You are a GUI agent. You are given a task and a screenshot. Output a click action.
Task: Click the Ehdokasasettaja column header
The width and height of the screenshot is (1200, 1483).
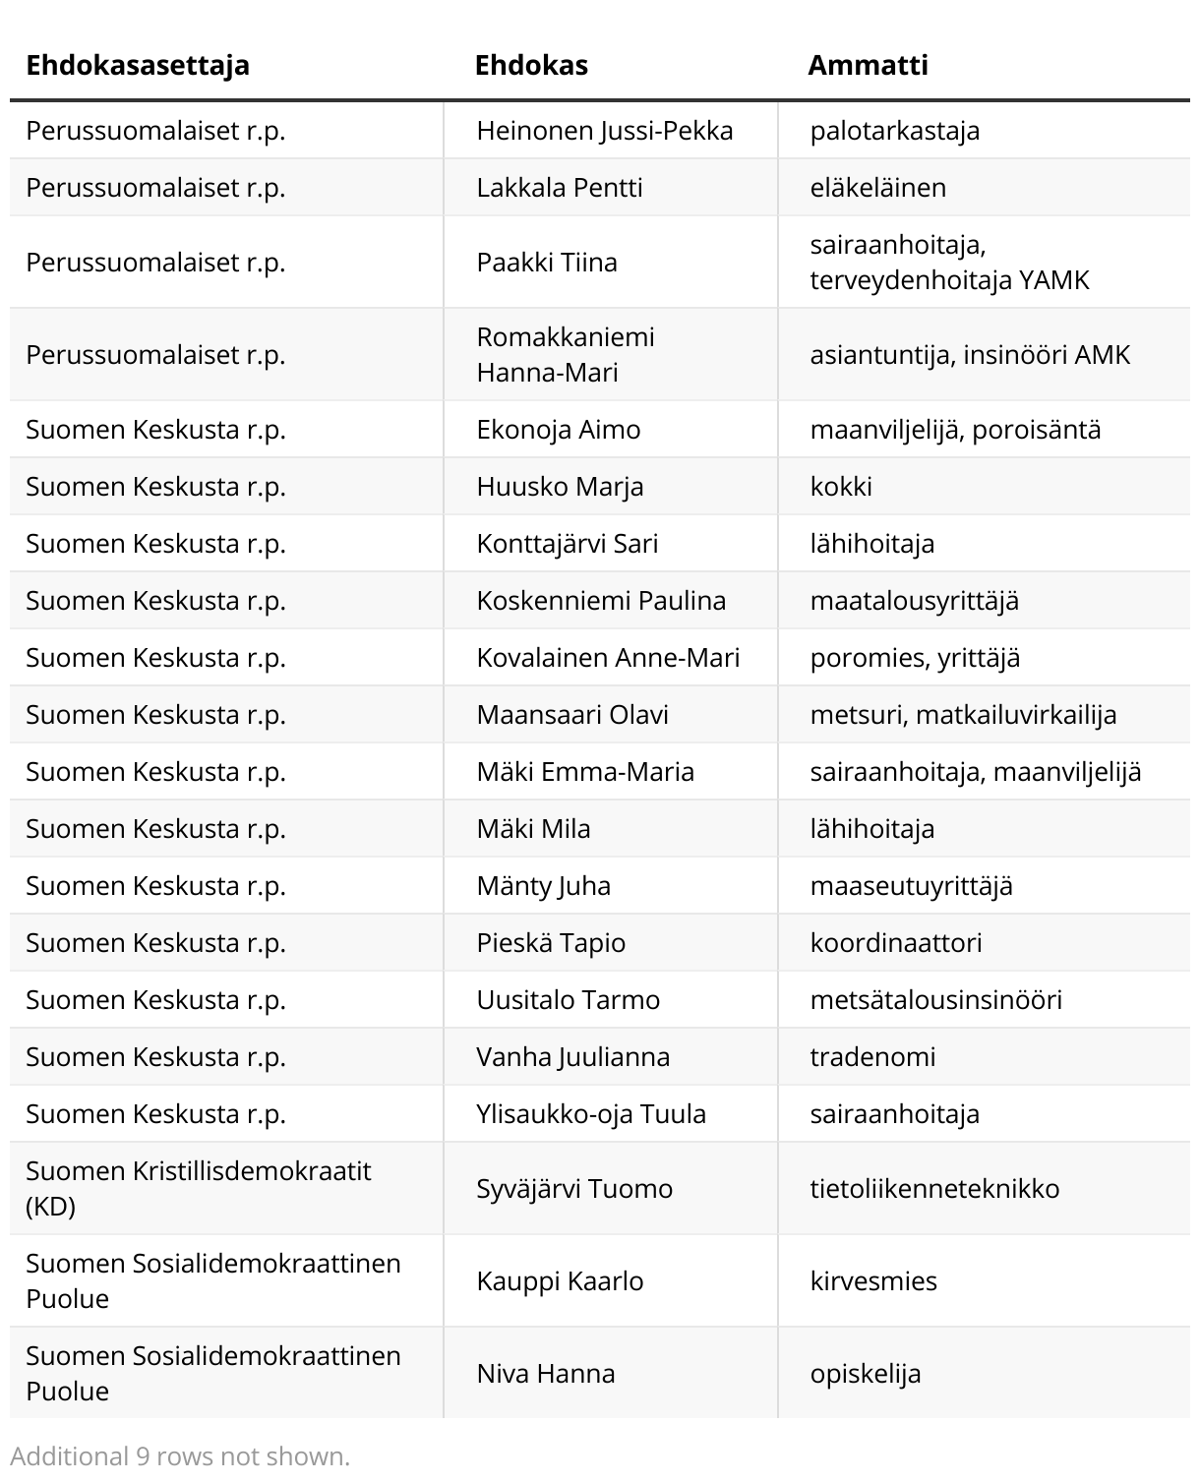point(138,65)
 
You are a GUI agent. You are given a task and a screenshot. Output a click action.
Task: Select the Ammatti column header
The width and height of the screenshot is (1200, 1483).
point(868,65)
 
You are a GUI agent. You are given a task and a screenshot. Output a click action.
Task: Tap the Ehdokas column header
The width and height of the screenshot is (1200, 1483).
point(531,65)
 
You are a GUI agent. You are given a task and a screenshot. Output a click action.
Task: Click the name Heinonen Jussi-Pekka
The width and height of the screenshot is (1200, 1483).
point(604,131)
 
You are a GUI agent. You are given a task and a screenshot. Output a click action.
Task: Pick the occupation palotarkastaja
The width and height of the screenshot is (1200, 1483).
point(894,131)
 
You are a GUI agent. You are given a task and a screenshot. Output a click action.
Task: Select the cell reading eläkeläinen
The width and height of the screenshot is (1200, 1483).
point(877,188)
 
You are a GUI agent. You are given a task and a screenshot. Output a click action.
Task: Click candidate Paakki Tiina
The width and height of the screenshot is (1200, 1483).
point(547,263)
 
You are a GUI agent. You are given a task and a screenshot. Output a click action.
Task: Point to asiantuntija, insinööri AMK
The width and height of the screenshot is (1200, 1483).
point(970,355)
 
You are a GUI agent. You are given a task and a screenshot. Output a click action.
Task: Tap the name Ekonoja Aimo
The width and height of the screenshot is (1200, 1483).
point(558,430)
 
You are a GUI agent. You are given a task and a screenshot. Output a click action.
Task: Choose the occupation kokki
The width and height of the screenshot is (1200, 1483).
point(841,487)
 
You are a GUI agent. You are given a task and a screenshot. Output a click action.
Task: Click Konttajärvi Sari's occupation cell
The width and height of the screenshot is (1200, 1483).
point(871,544)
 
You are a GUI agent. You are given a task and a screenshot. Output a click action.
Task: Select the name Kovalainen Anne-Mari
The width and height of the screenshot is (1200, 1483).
point(608,658)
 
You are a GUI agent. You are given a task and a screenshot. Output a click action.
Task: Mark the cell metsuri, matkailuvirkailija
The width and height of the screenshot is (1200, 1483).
point(963,715)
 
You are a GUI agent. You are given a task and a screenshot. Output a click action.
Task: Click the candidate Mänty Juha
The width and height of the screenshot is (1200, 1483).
point(543,886)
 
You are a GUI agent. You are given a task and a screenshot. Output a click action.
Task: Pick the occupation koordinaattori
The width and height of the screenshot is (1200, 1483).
point(895,943)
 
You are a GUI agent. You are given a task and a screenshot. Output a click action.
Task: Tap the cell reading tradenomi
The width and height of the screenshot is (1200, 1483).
point(872,1057)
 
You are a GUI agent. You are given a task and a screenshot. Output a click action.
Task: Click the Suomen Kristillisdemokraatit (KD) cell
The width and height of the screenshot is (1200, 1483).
point(199,1188)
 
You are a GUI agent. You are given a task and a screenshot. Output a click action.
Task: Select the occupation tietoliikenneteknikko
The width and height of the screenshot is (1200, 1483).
point(934,1189)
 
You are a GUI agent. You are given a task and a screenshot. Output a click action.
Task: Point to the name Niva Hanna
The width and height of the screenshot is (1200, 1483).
point(546,1374)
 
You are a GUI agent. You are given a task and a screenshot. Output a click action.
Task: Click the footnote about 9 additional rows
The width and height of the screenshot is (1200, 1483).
point(180,1456)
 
